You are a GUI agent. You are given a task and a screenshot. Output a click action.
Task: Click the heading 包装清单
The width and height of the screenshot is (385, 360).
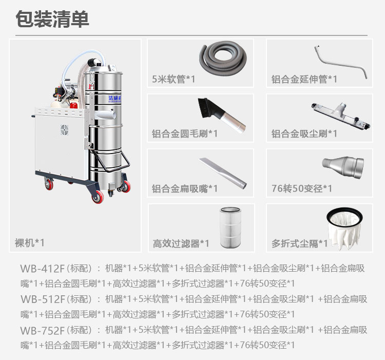pos(52,19)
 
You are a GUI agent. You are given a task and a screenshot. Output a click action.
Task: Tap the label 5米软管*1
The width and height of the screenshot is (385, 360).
pos(174,79)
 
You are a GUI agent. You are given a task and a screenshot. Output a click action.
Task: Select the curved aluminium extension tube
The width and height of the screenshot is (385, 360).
pos(342,62)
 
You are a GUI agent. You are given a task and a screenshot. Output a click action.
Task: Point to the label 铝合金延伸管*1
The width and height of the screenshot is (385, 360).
pos(304,79)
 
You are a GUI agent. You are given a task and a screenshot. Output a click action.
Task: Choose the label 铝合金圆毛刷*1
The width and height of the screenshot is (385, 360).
pos(185,134)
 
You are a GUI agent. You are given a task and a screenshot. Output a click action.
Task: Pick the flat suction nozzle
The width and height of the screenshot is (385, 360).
pos(223,172)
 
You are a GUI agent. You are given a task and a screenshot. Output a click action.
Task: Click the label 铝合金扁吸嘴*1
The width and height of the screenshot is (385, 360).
pos(185,188)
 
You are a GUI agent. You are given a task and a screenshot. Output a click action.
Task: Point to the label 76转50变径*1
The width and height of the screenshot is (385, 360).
pos(302,188)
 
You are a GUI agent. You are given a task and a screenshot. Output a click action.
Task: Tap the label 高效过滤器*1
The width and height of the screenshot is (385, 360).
pos(181,243)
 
